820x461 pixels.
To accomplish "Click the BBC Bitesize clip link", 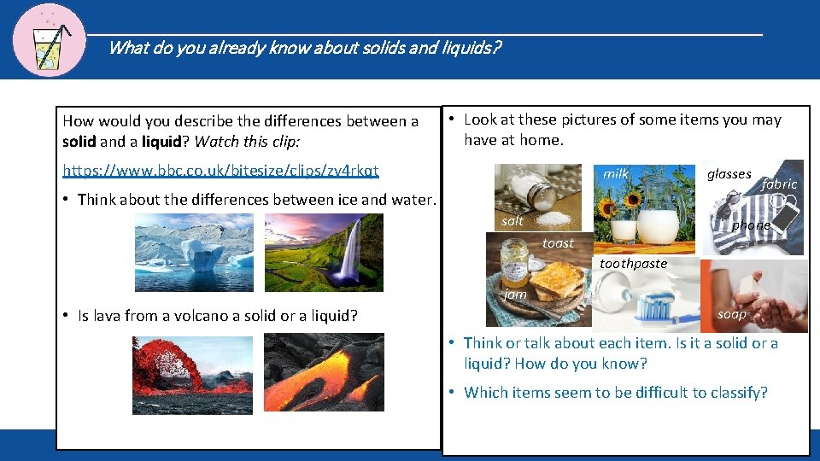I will click(x=220, y=170).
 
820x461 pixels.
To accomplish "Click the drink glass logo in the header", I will click(x=49, y=40).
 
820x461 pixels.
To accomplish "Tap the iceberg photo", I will click(x=194, y=253).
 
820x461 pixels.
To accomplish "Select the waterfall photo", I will click(x=324, y=253).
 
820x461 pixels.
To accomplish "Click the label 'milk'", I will click(x=615, y=173).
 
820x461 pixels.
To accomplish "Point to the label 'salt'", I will click(x=512, y=221).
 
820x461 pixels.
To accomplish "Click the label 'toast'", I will click(x=558, y=243).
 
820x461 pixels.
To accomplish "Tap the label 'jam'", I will click(x=515, y=294).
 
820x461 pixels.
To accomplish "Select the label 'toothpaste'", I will click(x=633, y=264).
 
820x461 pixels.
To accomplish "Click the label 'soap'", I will click(x=731, y=314).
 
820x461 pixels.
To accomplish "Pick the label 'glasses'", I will click(x=729, y=174).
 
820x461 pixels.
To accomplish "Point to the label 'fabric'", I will click(x=778, y=184).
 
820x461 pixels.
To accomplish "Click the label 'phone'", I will click(x=751, y=225).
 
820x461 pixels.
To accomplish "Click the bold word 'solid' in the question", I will click(x=79, y=141).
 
